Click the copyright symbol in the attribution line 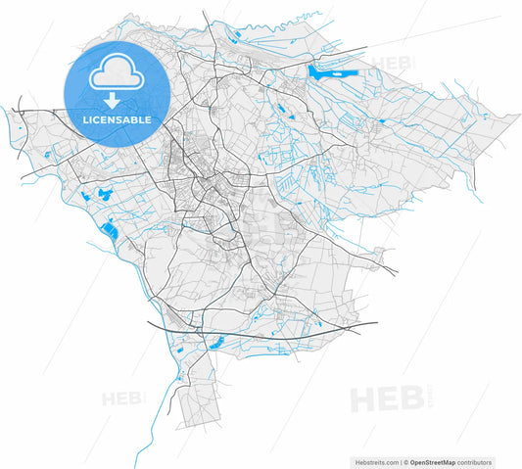click(x=404, y=461)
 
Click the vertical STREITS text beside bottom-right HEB click(x=428, y=399)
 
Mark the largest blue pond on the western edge click(x=109, y=232)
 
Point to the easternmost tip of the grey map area click(x=518, y=116)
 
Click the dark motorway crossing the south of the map click(x=264, y=332)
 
